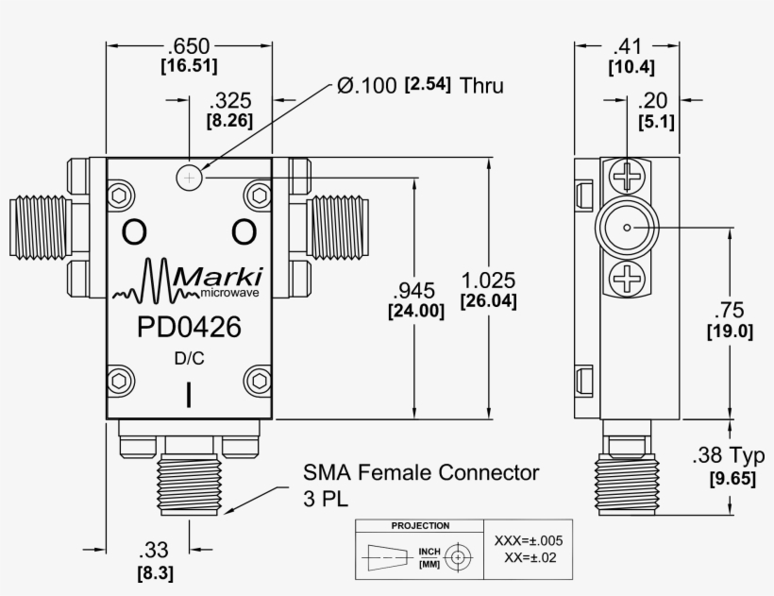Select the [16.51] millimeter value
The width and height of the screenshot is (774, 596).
189,66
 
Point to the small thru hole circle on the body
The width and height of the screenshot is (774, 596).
190,177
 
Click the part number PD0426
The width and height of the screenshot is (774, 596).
189,328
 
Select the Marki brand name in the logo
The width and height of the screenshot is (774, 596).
220,277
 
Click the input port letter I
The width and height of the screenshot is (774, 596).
189,395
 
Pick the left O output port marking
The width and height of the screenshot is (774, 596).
134,231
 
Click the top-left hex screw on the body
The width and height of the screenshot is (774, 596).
121,196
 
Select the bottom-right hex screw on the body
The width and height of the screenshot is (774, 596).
257,380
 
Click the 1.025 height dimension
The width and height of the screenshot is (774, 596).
488,281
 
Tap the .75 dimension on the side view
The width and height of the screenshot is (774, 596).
730,312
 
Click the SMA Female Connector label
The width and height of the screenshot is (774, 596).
421,471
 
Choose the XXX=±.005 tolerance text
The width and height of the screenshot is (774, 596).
529,540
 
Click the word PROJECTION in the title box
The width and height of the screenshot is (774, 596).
420,526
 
